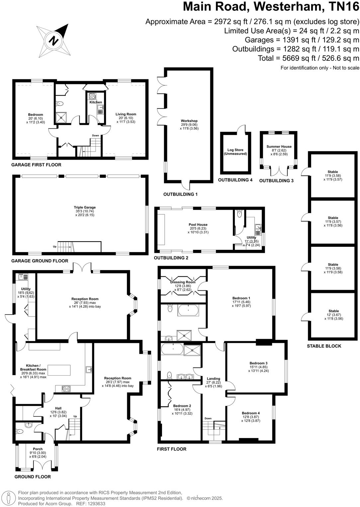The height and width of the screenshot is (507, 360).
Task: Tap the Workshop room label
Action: point(189,121)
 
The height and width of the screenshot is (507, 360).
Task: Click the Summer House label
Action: point(279,146)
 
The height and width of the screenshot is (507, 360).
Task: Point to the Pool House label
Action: point(198,225)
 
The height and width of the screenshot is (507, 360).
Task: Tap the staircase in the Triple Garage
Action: point(64,247)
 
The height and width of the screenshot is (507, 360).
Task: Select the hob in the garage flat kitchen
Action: point(92,96)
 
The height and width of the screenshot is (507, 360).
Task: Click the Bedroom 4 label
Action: point(251,413)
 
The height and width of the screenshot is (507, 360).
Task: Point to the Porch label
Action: point(38,449)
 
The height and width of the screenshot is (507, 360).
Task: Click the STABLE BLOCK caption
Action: point(324,346)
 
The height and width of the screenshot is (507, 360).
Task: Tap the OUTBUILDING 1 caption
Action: point(180,194)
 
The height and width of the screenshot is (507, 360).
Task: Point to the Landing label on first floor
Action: point(213,379)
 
